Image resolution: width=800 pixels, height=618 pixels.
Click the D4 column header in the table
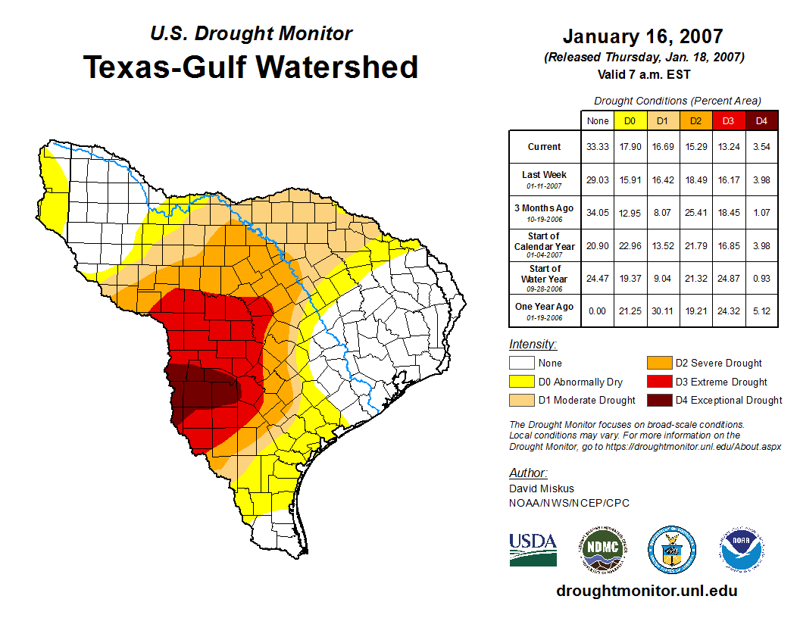pos(761,121)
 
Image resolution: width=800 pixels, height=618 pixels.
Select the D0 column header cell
pos(630,121)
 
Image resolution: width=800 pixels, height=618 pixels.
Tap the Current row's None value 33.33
pos(598,147)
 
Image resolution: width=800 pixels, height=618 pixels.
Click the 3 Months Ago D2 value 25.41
pos(695,213)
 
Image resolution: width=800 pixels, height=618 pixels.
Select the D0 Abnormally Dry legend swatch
pos(522,382)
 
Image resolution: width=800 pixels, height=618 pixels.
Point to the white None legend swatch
pos(522,363)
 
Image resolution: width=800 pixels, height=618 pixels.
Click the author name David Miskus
pos(542,488)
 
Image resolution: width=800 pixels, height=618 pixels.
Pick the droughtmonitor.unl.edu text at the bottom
pos(646,591)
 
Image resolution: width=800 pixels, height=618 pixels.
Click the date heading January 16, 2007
pos(642,36)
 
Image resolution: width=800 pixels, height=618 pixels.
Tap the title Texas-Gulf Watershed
pos(251,67)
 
